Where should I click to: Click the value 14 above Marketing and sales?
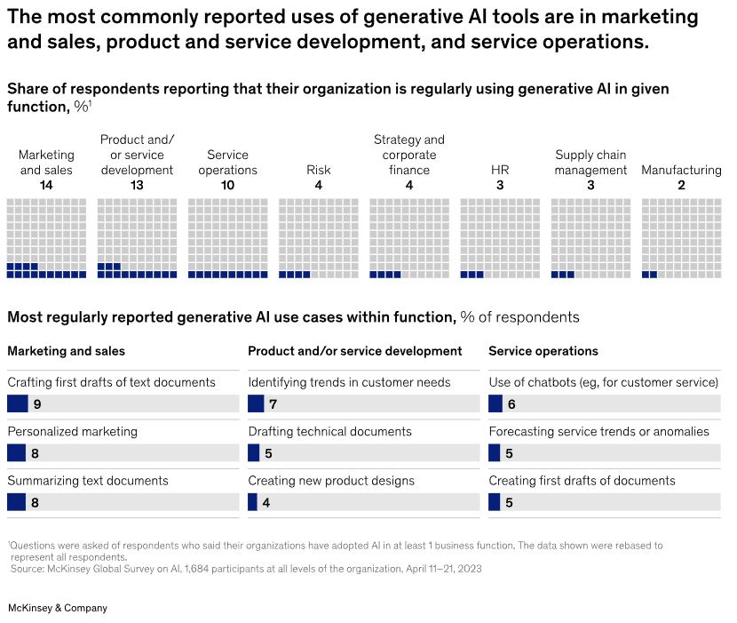46,186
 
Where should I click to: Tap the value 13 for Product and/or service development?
137,186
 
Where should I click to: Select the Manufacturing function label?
681,170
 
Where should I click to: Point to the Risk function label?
319,170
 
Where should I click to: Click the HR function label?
500,170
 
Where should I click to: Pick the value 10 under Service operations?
228,186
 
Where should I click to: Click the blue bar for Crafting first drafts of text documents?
18,404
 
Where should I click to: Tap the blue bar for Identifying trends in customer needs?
256,404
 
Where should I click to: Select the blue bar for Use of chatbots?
495,404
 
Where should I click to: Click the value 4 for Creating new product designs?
266,502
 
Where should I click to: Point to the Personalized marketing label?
73,431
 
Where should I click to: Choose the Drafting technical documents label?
329,431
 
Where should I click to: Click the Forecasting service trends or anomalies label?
598,431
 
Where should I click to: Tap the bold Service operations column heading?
543,351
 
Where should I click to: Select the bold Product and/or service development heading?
355,351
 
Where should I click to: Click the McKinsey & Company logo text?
57,608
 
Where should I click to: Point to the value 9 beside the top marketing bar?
37,404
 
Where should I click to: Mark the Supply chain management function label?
590,162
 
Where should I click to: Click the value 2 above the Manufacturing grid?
681,186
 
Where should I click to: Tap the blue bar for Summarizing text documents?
17,502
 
